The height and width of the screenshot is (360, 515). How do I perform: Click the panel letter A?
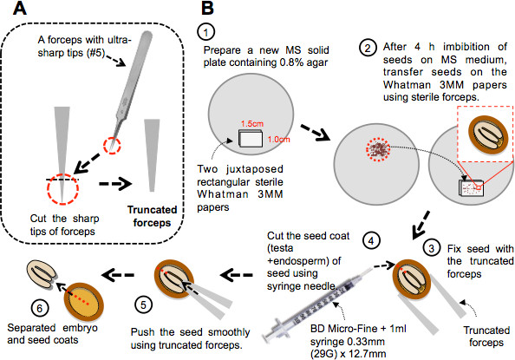tap(19, 8)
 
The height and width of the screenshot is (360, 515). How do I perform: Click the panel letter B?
tap(207, 8)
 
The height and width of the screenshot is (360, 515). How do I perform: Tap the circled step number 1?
tap(206, 32)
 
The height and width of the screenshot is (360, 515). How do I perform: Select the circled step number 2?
tap(368, 49)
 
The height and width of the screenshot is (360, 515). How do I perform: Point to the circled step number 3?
tap(432, 248)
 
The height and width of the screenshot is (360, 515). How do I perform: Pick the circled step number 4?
tap(371, 241)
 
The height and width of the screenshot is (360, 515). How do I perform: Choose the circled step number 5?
tap(144, 304)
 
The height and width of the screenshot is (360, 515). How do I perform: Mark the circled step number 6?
tap(40, 308)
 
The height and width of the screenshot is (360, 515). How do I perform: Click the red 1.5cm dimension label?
tap(252, 124)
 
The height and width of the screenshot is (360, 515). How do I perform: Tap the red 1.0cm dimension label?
tap(278, 140)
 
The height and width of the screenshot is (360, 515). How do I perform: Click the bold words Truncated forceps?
tap(152, 216)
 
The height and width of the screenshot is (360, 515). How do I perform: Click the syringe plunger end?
tap(267, 336)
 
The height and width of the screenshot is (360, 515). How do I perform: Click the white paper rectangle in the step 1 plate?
tap(251, 139)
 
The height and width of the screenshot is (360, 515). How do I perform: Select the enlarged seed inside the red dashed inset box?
tap(488, 135)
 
